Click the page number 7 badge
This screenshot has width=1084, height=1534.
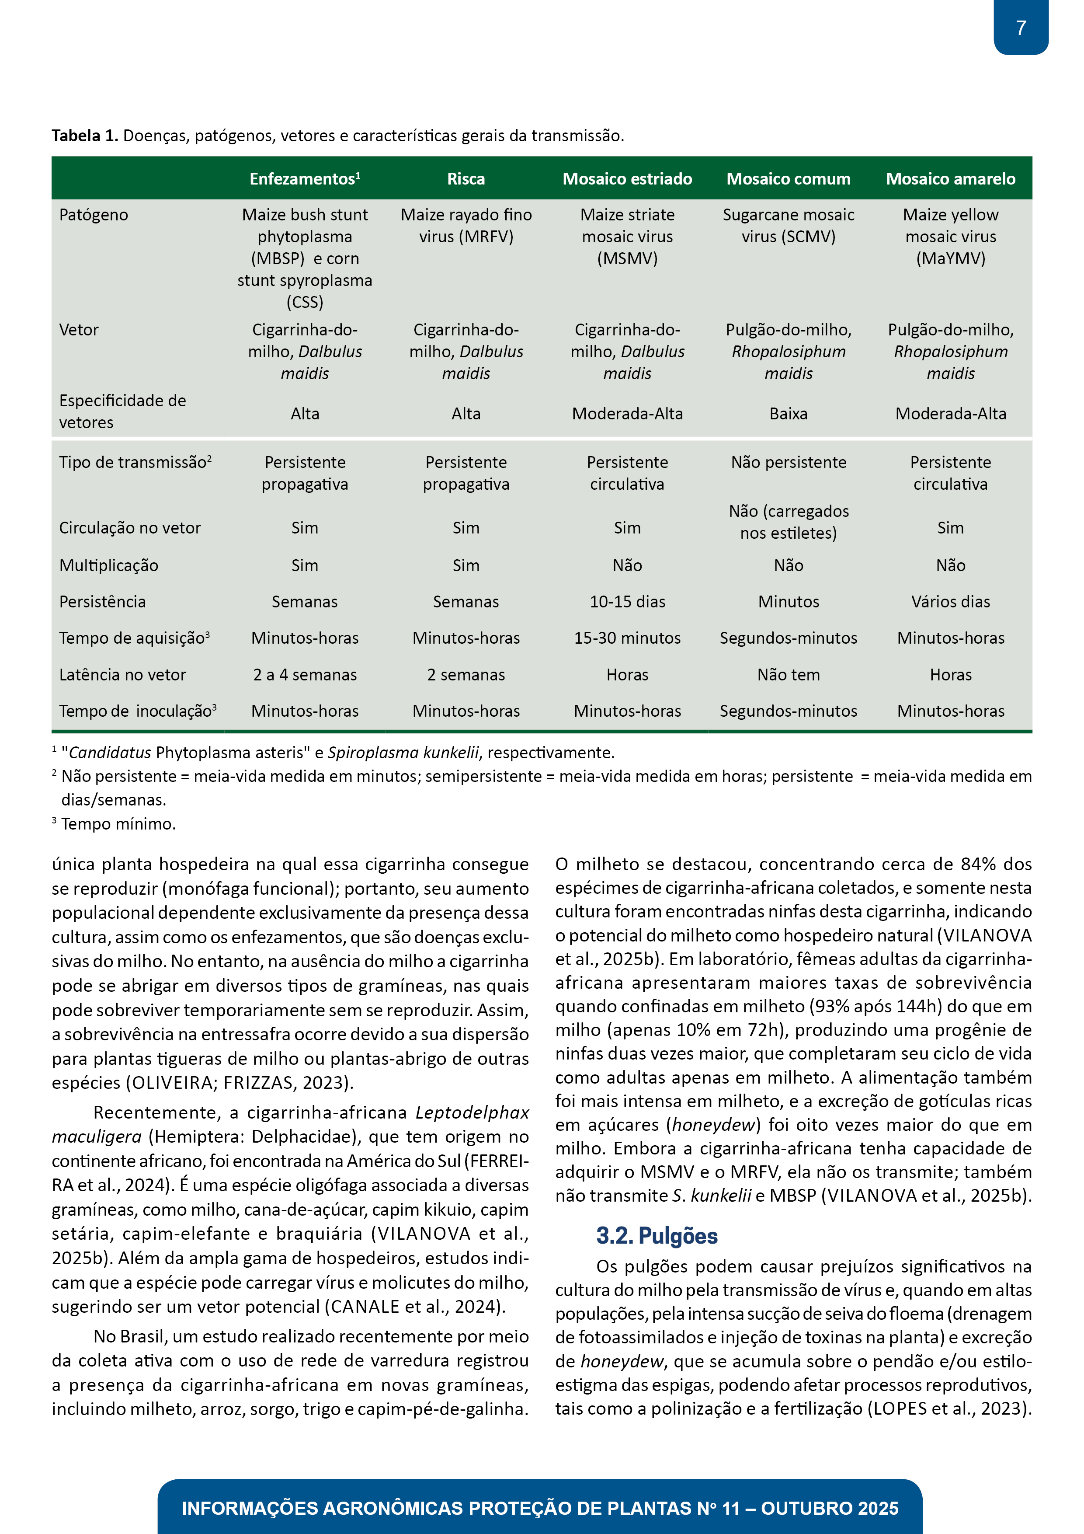tap(1021, 28)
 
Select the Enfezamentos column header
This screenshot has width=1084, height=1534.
tap(305, 179)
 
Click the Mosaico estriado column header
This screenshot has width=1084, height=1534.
tap(627, 179)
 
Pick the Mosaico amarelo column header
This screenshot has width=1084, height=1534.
tap(950, 179)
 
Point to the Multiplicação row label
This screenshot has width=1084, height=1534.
tap(109, 566)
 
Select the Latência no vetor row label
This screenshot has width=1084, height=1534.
tap(122, 675)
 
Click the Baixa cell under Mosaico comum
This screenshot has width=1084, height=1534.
tap(788, 414)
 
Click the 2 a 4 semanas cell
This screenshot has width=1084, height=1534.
tap(305, 675)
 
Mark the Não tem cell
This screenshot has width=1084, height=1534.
tap(788, 675)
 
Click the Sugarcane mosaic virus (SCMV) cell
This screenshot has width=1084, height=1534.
tap(788, 226)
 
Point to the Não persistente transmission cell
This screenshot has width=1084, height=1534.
tap(788, 462)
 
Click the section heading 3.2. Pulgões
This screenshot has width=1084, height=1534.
tap(657, 1236)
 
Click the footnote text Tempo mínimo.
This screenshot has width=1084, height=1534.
tap(118, 824)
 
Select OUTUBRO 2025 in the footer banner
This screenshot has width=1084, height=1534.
tap(830, 1509)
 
